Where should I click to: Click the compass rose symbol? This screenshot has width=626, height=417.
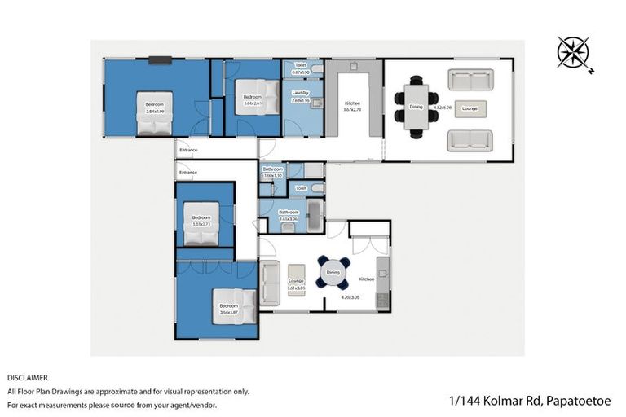coord(572,53)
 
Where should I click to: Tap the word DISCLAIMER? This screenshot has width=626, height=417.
coord(29,378)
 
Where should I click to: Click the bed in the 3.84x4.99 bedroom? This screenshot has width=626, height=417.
coord(154,114)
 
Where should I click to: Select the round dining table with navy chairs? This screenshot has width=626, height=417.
coord(333,273)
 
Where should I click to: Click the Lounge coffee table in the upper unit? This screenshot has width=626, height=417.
coord(470,108)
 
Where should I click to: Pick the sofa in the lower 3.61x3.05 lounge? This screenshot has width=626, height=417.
coord(269,284)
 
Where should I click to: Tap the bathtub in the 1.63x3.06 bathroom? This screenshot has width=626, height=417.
coord(314,217)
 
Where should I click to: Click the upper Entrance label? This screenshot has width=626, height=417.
coord(188,150)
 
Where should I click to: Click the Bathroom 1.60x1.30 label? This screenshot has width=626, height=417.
coord(272,172)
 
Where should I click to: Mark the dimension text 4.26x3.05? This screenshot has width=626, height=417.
coord(350,297)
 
